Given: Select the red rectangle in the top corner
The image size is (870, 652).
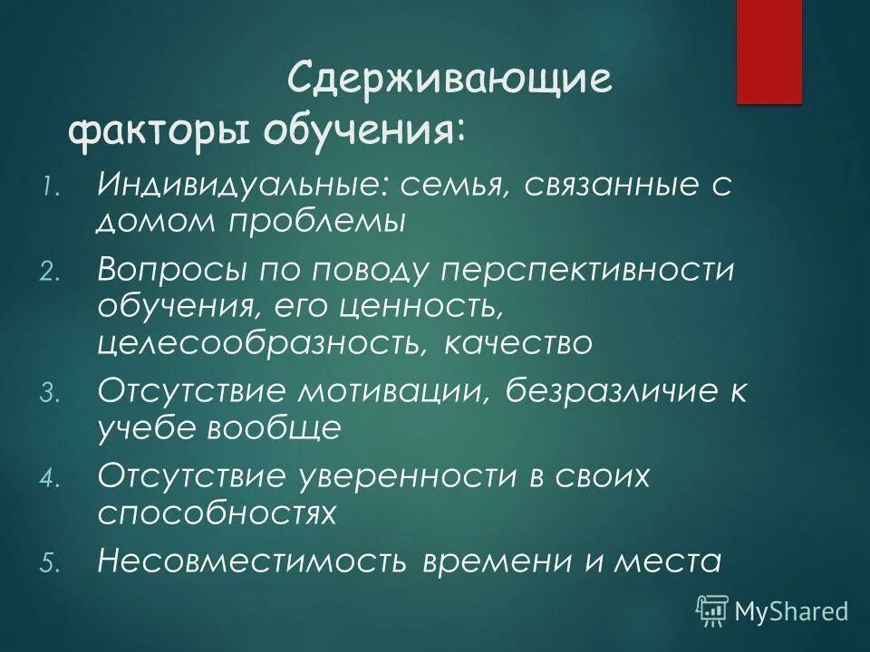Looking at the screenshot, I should [x=768, y=52].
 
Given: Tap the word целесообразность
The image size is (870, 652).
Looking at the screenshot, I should [x=250, y=343].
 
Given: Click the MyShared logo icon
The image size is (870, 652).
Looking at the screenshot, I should [x=712, y=610].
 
